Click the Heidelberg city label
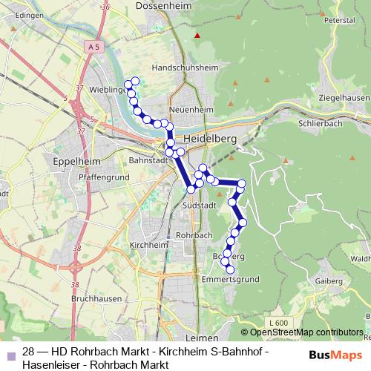[x=210, y=139]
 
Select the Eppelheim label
[x=66, y=160]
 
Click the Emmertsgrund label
[x=232, y=280]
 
